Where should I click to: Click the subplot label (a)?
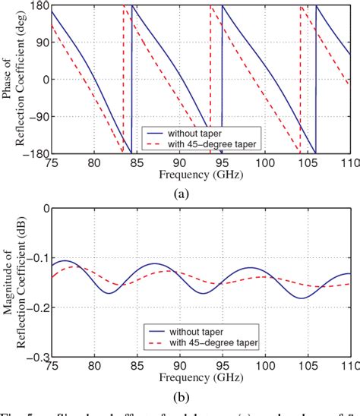coord(182,194)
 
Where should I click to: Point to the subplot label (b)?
coord(182,395)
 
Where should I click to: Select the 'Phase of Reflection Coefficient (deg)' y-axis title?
coord(13,80)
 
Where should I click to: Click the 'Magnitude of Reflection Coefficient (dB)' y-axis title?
coord(13,281)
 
